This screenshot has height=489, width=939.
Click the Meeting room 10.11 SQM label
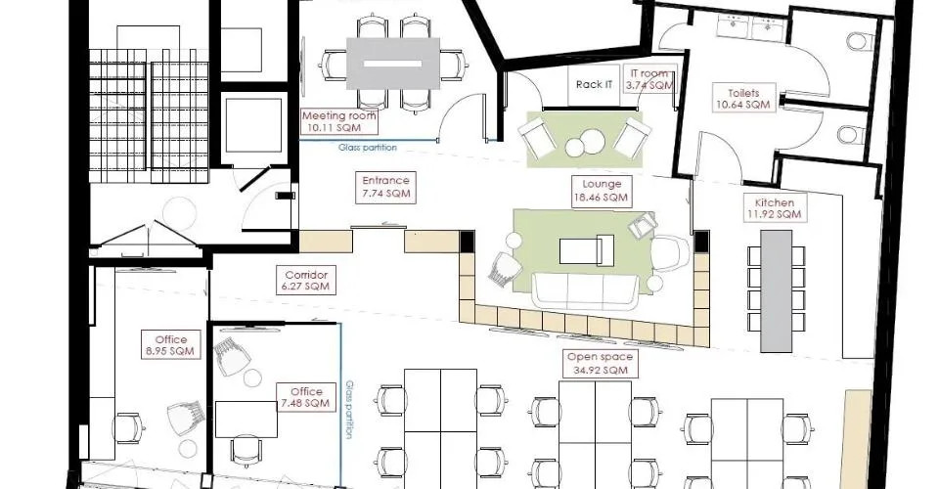[339, 121]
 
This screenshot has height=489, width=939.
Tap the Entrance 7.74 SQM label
[385, 187]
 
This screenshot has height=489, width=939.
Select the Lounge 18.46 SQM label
[602, 191]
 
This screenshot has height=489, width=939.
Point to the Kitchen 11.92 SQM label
[775, 208]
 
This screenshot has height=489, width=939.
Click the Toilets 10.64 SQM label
[743, 99]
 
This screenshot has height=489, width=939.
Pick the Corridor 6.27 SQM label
[306, 281]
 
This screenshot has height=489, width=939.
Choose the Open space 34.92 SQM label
[599, 363]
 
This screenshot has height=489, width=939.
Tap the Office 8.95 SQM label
[171, 345]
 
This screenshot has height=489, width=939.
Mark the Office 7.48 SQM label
[306, 397]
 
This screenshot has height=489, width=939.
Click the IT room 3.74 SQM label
[649, 79]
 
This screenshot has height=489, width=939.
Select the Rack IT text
[594, 84]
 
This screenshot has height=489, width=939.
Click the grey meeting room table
[393, 64]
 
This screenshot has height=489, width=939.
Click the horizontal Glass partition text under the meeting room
[367, 148]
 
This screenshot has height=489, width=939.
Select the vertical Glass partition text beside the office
[349, 410]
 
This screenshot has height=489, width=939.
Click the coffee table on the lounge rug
[587, 250]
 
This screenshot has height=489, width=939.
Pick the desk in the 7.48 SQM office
[246, 419]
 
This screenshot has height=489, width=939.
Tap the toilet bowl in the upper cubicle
[856, 42]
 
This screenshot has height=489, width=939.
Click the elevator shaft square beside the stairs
[252, 126]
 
